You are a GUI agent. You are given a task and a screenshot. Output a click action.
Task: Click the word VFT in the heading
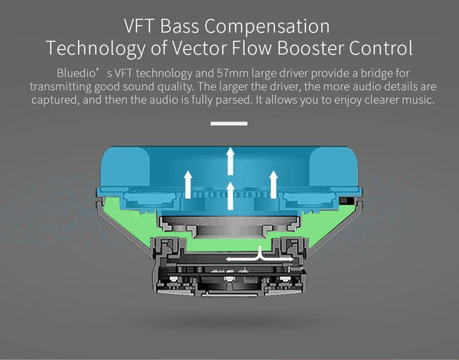click(x=138, y=26)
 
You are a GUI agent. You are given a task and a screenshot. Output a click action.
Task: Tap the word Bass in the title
click(x=180, y=26)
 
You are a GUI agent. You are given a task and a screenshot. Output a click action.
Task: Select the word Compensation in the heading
click(x=267, y=27)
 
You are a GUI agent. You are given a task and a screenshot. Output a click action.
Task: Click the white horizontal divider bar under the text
click(x=229, y=123)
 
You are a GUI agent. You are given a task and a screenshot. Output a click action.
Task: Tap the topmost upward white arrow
click(x=230, y=161)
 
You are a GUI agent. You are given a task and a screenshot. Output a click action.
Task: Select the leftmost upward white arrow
click(x=188, y=184)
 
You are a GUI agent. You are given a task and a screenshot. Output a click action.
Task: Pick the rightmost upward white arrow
click(x=273, y=184)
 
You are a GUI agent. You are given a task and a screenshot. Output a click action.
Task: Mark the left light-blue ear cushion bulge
click(x=125, y=167)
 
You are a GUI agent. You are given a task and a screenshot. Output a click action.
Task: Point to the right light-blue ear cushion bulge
click(x=334, y=167)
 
